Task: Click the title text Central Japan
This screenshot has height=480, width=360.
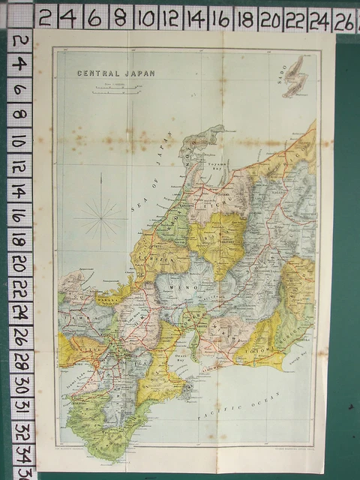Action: pos(106,73)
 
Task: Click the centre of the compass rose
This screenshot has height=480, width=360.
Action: pos(100,217)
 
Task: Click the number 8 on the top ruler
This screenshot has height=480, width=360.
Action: pos(118,16)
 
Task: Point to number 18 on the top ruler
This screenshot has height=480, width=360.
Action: pos(244,17)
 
